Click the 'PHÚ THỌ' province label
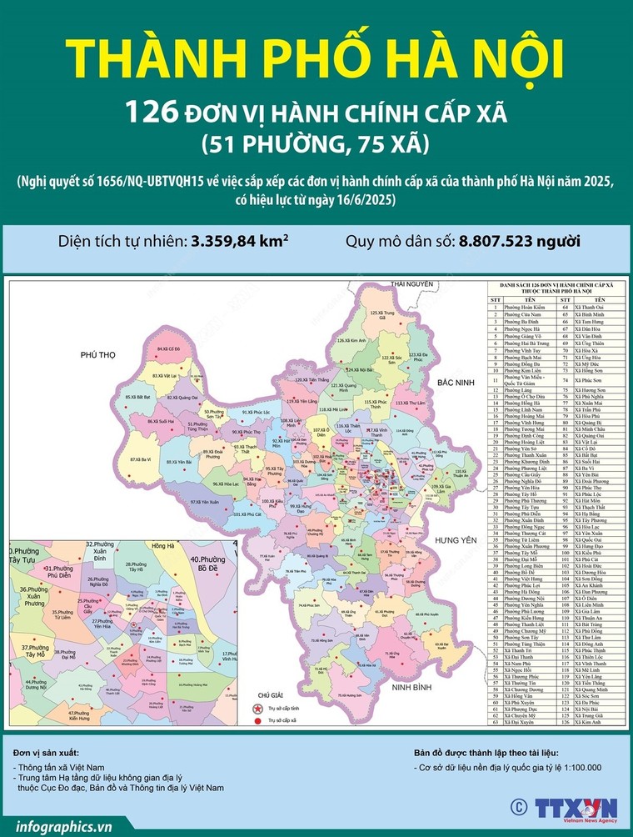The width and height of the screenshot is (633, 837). click(x=97, y=355)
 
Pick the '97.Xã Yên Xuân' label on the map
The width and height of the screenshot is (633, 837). click(x=205, y=502)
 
